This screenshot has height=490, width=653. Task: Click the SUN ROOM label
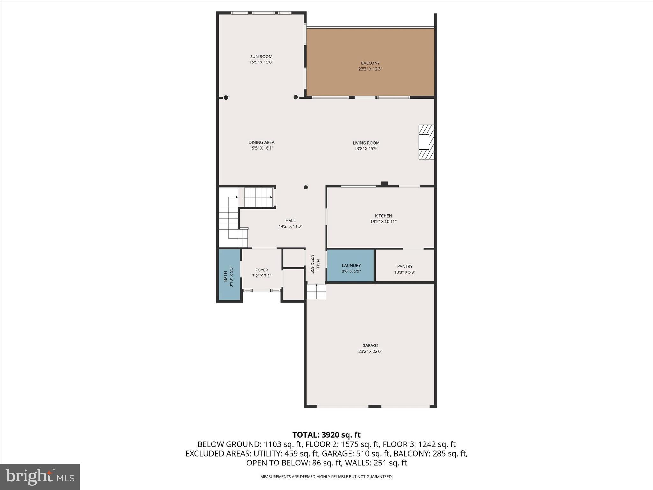coord(261,57)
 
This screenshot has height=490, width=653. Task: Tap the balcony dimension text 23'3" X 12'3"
coord(370,69)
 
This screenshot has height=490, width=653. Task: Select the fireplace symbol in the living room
coord(426,142)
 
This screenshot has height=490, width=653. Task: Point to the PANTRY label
coord(405,266)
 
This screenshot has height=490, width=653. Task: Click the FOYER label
coord(261,270)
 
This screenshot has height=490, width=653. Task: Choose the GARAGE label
coord(370,345)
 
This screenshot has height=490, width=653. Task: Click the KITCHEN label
coord(383,216)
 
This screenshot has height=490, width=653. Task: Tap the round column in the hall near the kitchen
coord(305,187)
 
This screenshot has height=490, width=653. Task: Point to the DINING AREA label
coord(261,143)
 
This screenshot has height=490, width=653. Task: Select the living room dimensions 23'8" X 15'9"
coord(366,149)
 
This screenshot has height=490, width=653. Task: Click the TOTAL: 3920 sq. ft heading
coord(326,435)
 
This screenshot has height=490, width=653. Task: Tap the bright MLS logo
coord(40,477)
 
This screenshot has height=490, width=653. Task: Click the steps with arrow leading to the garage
coord(316,292)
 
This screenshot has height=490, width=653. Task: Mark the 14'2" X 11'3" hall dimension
coord(290,226)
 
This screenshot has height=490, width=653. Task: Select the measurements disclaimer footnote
coord(326,477)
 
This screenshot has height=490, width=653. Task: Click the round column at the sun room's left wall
coord(226,98)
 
